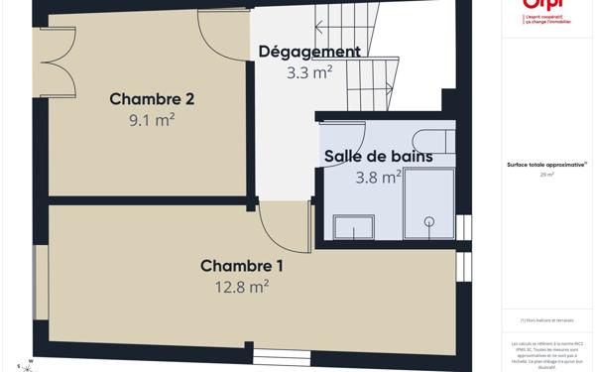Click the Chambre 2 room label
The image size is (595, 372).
coord(151,98)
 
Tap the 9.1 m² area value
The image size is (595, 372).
coord(151,120)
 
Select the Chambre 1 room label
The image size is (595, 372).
coord(242,265)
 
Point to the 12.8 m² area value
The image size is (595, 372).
coord(242,287)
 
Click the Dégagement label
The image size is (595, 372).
coord(309,52)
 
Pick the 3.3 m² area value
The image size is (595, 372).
coord(309,72)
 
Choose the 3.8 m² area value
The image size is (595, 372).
coord(378,178)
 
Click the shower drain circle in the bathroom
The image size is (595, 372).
coord(429,221)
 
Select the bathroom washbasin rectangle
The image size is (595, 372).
coord(353,229)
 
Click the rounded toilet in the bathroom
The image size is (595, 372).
coord(430,142)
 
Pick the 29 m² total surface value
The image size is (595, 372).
coord(546,175)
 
